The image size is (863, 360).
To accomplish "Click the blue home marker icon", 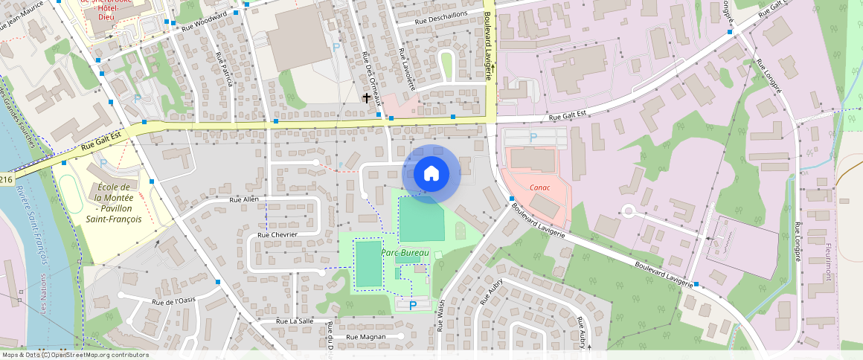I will pyautogui.click(x=431, y=174).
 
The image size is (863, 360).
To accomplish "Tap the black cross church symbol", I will pyautogui.click(x=367, y=97).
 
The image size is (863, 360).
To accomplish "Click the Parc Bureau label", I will pyautogui.click(x=405, y=253).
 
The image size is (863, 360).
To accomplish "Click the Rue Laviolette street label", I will pyautogui.click(x=406, y=70).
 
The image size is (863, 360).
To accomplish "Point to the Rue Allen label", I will pyautogui.click(x=244, y=199).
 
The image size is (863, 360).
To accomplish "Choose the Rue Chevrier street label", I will pyautogui.click(x=277, y=234).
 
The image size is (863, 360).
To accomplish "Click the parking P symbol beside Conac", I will pyautogui.click(x=532, y=138).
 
